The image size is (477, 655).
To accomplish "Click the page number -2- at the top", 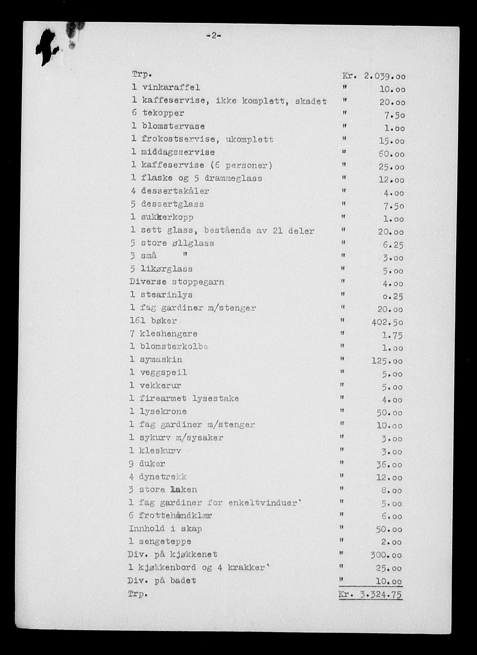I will [214, 36].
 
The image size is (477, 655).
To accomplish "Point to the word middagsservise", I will [178, 153].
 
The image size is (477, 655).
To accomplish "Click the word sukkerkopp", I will [167, 217].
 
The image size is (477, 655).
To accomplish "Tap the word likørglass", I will [166, 269].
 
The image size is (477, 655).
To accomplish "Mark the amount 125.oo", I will [387, 361].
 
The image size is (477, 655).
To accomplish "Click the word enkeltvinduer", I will [264, 502].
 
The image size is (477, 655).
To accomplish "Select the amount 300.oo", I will [387, 555].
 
